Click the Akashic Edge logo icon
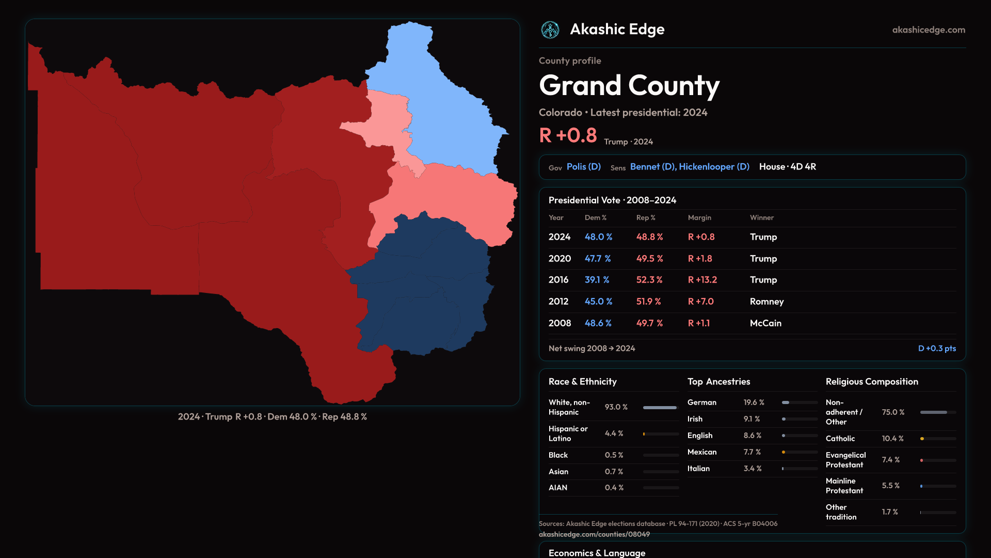(x=550, y=30)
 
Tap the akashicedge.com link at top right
(x=928, y=30)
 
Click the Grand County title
(x=629, y=86)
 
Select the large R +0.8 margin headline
(x=568, y=136)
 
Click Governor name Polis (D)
(x=583, y=167)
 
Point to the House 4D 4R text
(x=787, y=167)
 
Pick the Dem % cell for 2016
(x=597, y=280)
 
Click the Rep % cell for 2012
(x=648, y=302)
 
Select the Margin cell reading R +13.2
(x=702, y=280)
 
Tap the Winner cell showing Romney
(x=766, y=302)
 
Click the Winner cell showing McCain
(x=765, y=323)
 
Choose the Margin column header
(x=699, y=218)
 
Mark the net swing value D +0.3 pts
(x=936, y=349)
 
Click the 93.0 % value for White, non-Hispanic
(x=616, y=407)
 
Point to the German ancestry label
(x=701, y=402)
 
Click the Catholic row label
(x=840, y=439)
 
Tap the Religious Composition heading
(x=871, y=382)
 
